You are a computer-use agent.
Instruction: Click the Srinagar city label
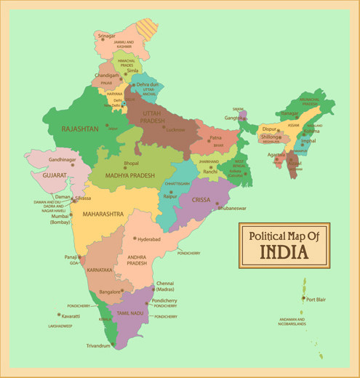pos(106,36)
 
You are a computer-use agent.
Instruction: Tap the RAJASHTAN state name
pos(80,129)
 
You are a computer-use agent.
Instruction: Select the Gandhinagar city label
pos(63,159)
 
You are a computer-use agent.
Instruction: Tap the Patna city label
pos(215,137)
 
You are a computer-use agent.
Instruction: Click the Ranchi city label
pos(210,172)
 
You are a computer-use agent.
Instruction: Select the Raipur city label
pos(170,196)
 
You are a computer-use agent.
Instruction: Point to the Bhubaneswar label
pos(232,208)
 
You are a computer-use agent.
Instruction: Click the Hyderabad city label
pos(149,238)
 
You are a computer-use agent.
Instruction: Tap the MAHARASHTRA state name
pos(103,214)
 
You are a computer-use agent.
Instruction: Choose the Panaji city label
pos(70,257)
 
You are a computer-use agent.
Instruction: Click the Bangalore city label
pos(110,291)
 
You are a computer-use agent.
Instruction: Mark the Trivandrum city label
pos(98,345)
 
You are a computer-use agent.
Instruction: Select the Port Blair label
pos(316,299)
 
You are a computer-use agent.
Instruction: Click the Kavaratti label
pos(71,317)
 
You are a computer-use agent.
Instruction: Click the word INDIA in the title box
pos(284,252)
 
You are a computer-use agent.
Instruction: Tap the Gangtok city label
pos(233,118)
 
